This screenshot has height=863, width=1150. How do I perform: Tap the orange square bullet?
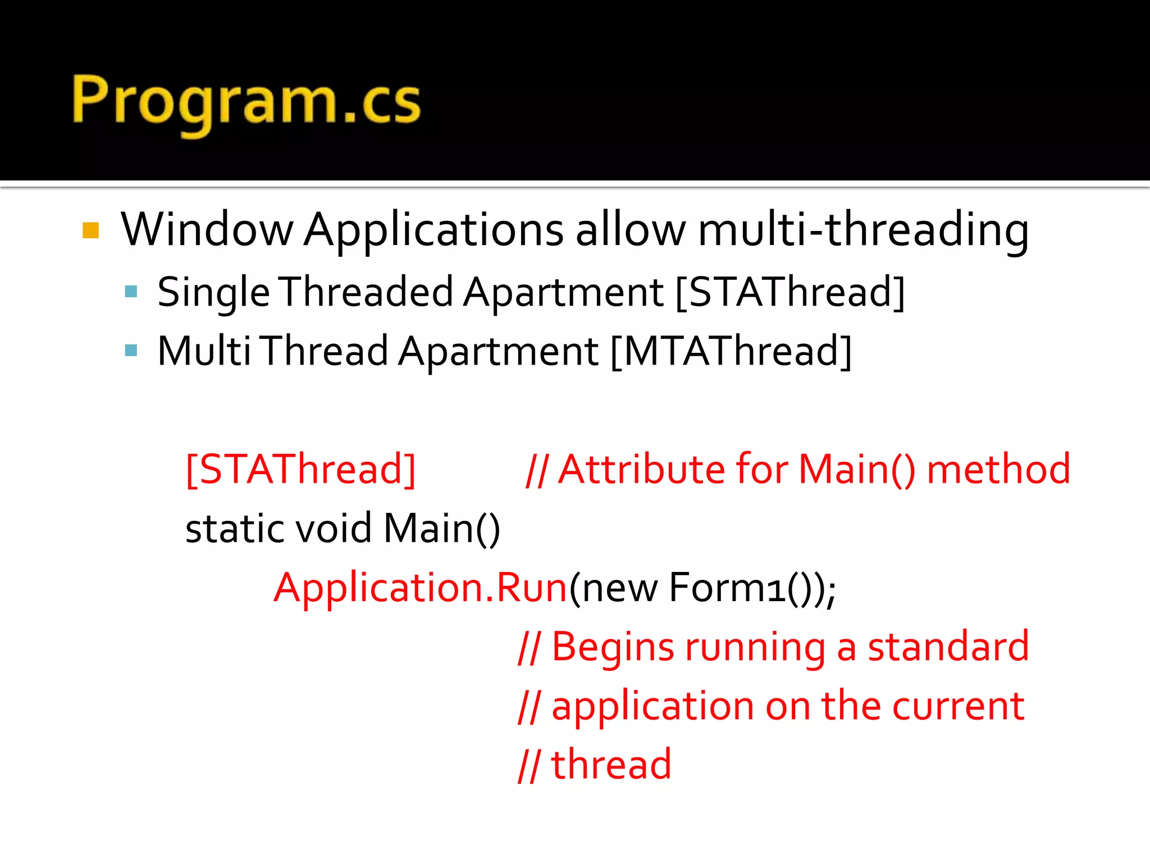coord(91,231)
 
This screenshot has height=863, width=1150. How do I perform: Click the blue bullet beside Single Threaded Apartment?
coord(131,292)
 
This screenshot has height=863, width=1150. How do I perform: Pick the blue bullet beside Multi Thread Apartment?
coord(131,351)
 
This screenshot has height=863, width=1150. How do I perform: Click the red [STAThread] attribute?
coord(301,469)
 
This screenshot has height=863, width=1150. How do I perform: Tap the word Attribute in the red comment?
coord(642,469)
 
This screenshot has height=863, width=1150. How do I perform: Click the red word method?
coord(998,469)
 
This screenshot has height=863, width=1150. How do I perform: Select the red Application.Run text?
coord(421,588)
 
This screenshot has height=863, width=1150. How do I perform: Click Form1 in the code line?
coord(727,588)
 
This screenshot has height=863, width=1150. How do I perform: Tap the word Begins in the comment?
coord(613,647)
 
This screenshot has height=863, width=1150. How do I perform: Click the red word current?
coord(958,706)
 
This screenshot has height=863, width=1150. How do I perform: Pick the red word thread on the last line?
coord(611,765)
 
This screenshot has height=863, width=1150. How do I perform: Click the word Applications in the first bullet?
coord(433,230)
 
